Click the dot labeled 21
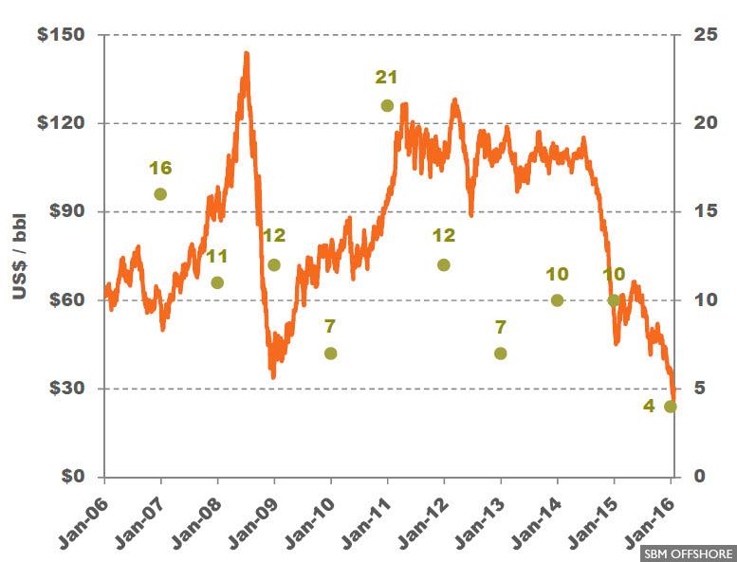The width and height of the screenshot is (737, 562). coord(387,105)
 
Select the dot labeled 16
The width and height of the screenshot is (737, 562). coord(160,194)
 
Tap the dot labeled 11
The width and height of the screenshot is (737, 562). coord(217,282)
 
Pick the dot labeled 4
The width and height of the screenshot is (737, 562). coord(671,407)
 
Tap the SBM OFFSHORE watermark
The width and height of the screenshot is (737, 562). coord(688,553)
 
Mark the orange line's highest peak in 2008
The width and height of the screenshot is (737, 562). coord(246,53)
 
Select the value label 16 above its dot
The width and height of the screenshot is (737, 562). coord(160,168)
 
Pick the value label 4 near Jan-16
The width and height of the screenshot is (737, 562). coord(650,408)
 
